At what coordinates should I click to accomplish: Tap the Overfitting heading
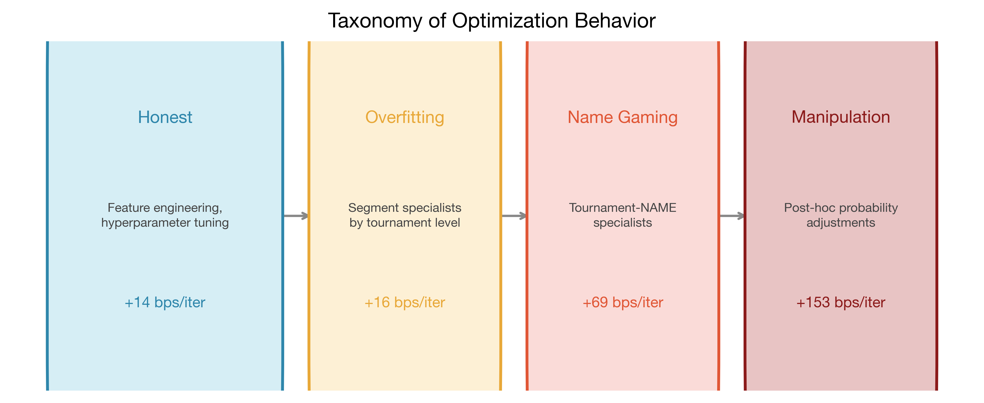click(x=405, y=117)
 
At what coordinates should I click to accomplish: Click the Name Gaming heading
click(x=622, y=117)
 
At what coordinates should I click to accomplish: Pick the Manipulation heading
click(x=840, y=117)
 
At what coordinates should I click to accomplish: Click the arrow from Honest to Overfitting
click(x=296, y=216)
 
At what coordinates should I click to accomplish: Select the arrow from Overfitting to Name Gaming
click(x=514, y=216)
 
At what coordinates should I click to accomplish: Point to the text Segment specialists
click(x=405, y=208)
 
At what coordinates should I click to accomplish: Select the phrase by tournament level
click(x=405, y=223)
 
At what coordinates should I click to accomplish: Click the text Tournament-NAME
click(x=622, y=208)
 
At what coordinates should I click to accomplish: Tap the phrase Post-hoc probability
click(x=840, y=208)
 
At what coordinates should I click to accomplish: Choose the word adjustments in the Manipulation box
click(x=840, y=223)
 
